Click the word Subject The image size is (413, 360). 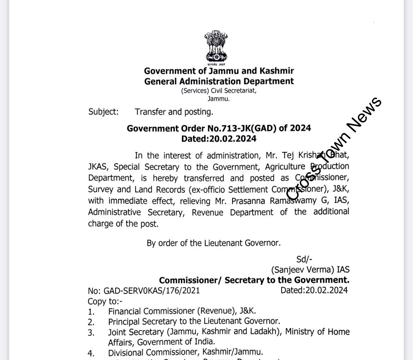(103, 112)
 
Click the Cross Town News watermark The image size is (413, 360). (334, 148)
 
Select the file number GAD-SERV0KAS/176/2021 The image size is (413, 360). (152, 290)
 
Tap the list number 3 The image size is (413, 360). (92, 332)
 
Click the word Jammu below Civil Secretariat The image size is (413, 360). (218, 99)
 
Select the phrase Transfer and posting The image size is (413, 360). (174, 112)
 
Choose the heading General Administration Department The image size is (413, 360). (219, 81)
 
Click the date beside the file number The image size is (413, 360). (314, 290)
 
